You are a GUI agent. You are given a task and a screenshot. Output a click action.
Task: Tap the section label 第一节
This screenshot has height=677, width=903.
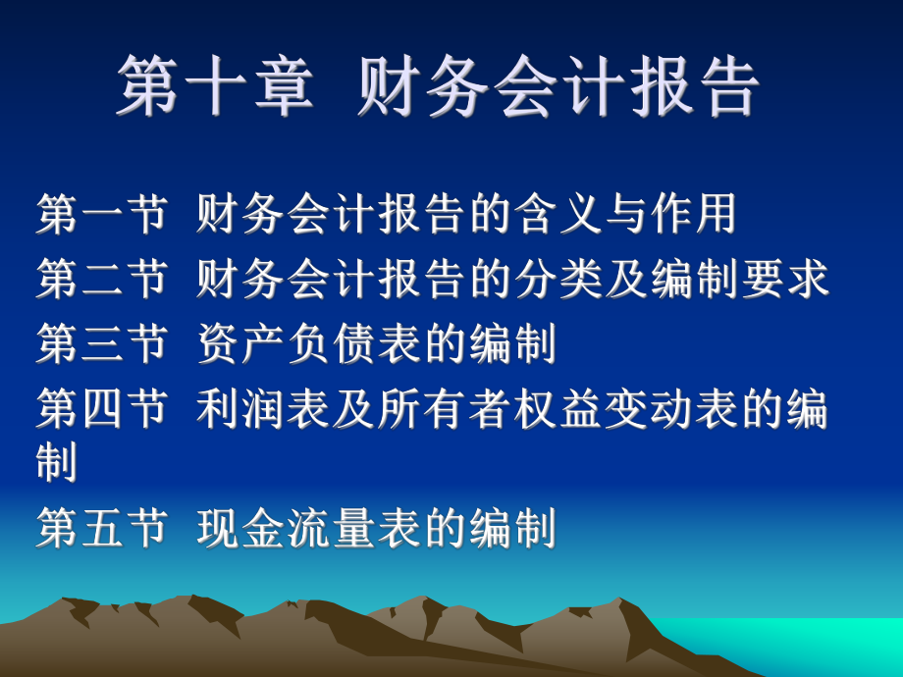(x=101, y=215)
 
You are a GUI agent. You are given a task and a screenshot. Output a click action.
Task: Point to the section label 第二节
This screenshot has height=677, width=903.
(x=101, y=279)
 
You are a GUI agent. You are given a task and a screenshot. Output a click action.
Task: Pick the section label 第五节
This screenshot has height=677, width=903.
(x=101, y=530)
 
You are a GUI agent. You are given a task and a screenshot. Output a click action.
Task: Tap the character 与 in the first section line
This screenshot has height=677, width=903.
(x=635, y=215)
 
